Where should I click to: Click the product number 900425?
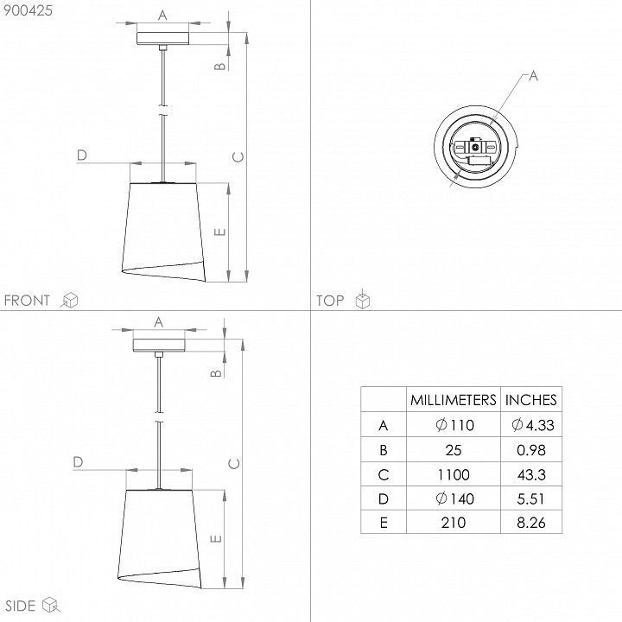[x=28, y=10]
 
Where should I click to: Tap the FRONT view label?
[x=27, y=301]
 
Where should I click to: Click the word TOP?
[x=330, y=301]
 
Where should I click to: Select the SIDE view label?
[x=21, y=606]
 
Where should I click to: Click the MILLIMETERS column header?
[x=453, y=400]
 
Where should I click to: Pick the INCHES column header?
[x=530, y=400]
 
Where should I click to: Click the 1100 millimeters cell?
[x=454, y=474]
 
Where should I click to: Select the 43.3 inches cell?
[x=531, y=474]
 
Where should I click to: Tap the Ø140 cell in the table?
[x=454, y=498]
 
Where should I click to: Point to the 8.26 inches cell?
[x=531, y=523]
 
